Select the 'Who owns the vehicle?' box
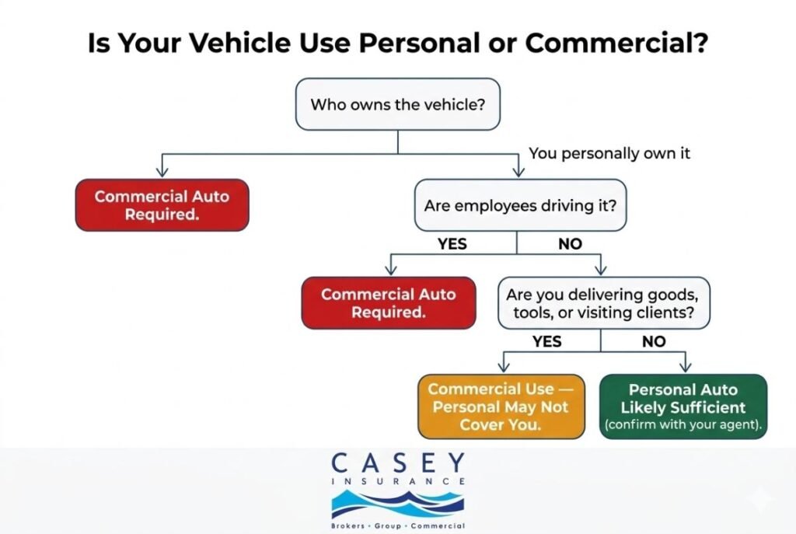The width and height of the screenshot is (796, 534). (397, 103)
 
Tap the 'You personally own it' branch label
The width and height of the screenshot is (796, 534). (609, 153)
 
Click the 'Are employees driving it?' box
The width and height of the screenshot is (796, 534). (519, 205)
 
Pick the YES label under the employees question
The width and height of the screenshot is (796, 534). (452, 244)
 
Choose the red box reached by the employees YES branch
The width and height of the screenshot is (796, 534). (388, 303)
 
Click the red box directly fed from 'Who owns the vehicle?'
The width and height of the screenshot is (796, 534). (162, 205)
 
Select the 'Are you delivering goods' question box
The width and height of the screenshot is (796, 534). (603, 304)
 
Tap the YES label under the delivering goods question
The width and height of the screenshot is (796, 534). (546, 341)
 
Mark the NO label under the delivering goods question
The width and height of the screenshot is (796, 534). (653, 341)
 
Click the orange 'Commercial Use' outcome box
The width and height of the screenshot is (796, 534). (501, 407)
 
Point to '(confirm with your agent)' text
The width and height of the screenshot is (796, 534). (683, 425)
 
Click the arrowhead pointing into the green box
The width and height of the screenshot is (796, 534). (684, 367)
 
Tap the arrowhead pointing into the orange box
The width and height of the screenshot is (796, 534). (501, 367)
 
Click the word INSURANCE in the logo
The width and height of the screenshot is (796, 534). (397, 482)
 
